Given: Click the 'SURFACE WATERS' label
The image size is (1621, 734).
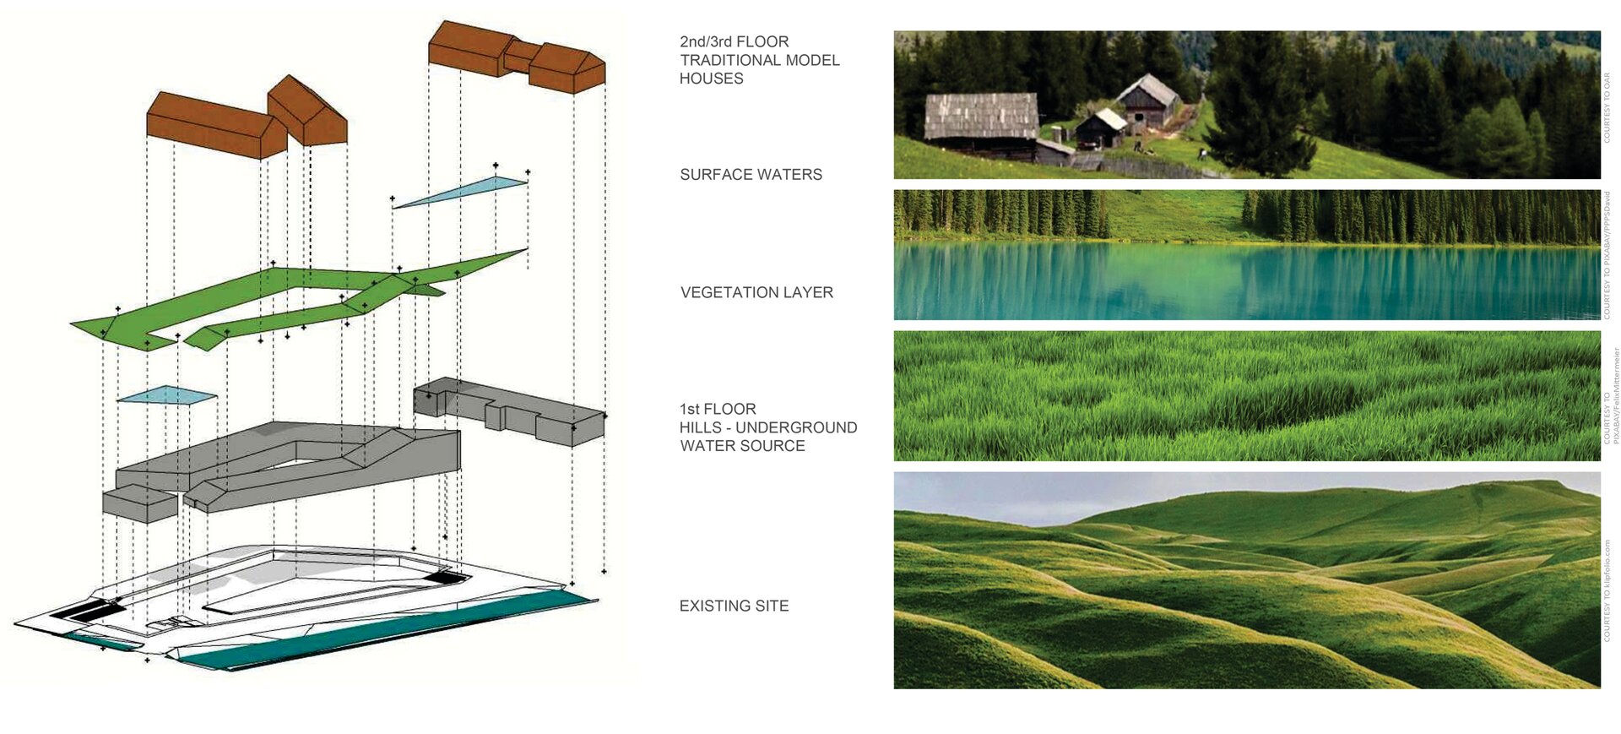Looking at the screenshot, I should (x=751, y=175).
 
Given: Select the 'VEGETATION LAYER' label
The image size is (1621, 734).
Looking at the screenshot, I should (x=756, y=293).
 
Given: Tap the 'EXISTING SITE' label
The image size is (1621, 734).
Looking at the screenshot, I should (x=734, y=606).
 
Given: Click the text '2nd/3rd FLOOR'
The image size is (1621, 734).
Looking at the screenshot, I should (x=734, y=41).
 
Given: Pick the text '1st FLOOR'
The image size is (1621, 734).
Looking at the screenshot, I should (x=718, y=409).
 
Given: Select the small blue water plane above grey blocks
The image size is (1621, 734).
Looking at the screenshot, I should (x=167, y=395).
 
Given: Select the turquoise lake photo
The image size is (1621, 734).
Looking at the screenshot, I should (x=1246, y=255).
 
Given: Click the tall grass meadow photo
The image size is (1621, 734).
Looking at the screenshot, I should (x=1246, y=396).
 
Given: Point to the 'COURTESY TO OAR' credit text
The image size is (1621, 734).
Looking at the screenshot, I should (x=1607, y=106).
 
